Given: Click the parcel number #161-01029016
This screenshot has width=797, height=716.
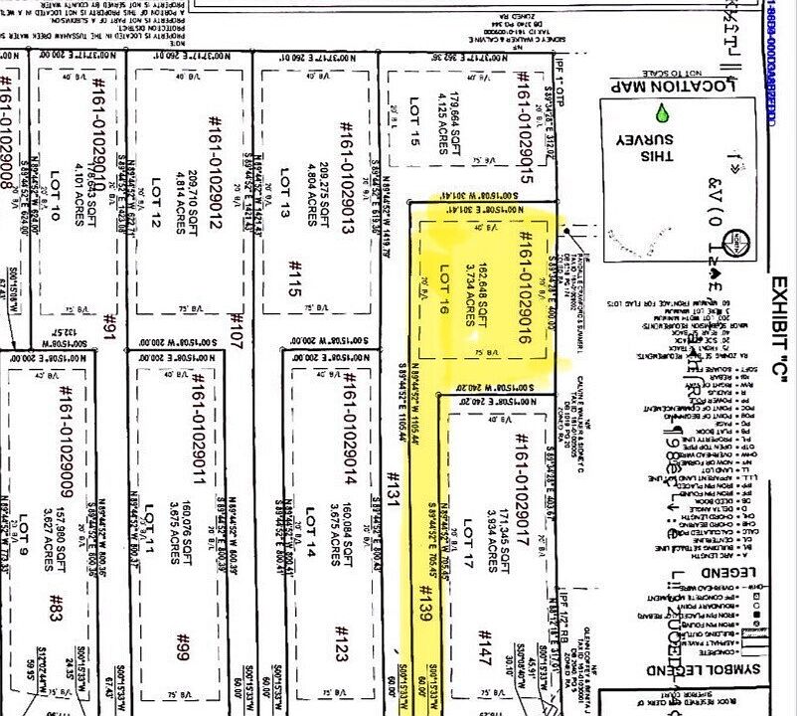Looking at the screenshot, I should pyautogui.click(x=525, y=289).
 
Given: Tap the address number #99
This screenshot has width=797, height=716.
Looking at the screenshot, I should pyautogui.click(x=182, y=647).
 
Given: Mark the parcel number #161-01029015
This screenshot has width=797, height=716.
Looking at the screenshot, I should pyautogui.click(x=521, y=125).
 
